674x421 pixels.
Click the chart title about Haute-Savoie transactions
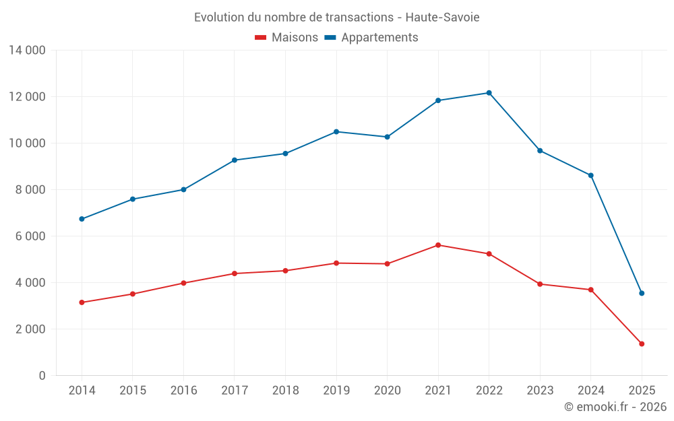point(336,18)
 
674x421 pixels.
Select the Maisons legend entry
point(286,38)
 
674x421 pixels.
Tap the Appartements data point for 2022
point(489,93)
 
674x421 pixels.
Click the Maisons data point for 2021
point(438,245)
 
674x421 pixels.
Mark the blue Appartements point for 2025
point(642,293)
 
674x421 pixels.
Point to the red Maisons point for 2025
point(642,344)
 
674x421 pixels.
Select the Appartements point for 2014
point(82,219)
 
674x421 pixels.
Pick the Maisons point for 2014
point(82,302)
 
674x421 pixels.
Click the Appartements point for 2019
point(336,131)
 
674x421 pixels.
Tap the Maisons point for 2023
point(540,284)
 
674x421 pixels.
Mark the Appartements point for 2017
point(235,160)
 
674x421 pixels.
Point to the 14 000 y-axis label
point(27,51)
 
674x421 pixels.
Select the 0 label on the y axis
point(42,376)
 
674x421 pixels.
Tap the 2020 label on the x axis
point(387,391)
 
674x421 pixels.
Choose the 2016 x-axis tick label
point(183,391)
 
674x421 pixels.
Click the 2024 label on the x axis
point(590,391)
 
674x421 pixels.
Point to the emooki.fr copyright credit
point(615,407)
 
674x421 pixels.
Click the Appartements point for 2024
point(590,175)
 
